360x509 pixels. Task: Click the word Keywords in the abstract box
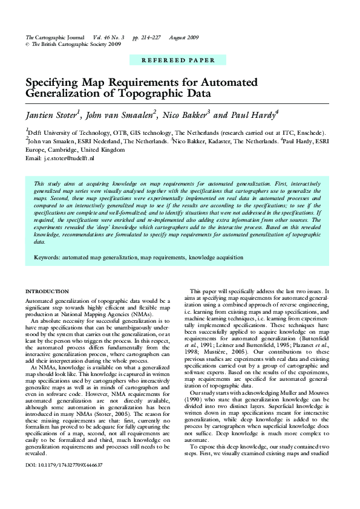pyautogui.click(x=47, y=257)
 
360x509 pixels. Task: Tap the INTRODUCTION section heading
pyautogui.click(x=47, y=292)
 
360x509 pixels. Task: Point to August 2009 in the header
pyautogui.click(x=184, y=37)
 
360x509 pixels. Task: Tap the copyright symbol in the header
pyautogui.click(x=27, y=44)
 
